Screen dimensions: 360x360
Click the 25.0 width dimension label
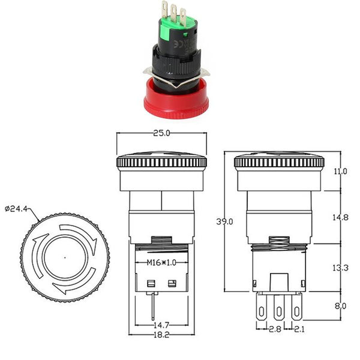click(161, 133)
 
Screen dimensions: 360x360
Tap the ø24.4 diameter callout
click(16, 209)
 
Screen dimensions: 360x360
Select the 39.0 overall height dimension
click(224, 221)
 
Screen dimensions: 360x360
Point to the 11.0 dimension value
click(340, 171)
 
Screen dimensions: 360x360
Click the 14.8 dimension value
click(340, 217)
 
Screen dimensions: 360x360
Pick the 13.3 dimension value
click(340, 268)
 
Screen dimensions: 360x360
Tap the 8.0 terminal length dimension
click(340, 306)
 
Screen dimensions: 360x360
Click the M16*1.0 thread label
click(161, 262)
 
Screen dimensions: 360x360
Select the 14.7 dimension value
click(161, 325)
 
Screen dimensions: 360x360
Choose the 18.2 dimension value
click(161, 335)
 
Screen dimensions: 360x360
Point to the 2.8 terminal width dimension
click(275, 329)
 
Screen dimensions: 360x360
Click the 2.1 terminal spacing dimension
click(299, 329)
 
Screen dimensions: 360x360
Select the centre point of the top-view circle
click(65, 257)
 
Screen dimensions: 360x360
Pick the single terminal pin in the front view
click(153, 306)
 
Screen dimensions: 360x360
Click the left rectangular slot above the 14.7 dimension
click(151, 284)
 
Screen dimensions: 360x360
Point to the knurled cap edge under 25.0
click(161, 163)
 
